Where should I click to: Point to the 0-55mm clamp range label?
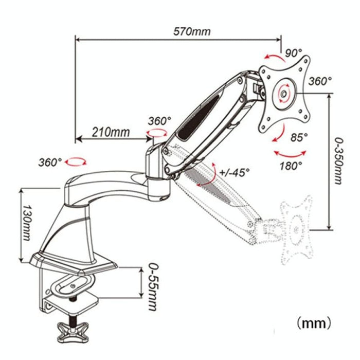click(151, 289)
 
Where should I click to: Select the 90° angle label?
click(293, 52)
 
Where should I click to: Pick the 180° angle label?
click(291, 166)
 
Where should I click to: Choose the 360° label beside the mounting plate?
click(320, 81)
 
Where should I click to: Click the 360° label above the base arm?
click(50, 162)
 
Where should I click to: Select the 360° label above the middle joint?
click(159, 121)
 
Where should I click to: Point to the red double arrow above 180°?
click(290, 153)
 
